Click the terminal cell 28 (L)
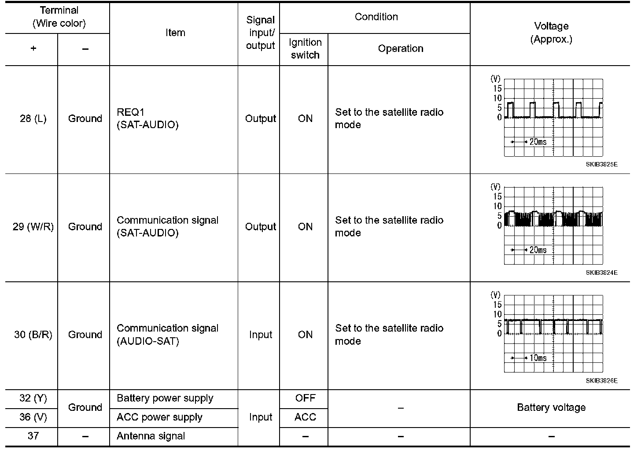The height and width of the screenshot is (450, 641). [x=33, y=118]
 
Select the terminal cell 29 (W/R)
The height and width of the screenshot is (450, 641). [x=33, y=227]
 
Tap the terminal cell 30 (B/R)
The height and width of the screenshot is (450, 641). [x=33, y=335]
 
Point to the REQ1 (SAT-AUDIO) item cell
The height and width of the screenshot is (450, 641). [x=147, y=118]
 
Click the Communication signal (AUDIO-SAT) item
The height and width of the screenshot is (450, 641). [x=167, y=335]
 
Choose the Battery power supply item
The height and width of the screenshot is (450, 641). [x=165, y=398]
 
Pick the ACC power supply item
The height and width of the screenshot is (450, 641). [x=159, y=417]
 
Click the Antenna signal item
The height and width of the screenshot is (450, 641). [x=151, y=436]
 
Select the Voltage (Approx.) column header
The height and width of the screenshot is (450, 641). [x=551, y=33]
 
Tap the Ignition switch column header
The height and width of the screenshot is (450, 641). [x=305, y=49]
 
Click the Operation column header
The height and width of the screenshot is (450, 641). [x=400, y=49]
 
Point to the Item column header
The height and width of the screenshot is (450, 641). [x=175, y=33]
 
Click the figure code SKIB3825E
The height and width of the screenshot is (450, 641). [x=601, y=164]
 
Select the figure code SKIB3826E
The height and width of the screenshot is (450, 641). [x=601, y=381]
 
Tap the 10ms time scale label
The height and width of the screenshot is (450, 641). [x=538, y=358]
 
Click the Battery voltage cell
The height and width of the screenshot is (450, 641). [x=551, y=408]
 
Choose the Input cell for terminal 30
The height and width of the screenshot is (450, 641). [x=260, y=335]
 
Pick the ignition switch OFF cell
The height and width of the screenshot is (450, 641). [x=305, y=398]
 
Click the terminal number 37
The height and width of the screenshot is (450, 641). [x=33, y=436]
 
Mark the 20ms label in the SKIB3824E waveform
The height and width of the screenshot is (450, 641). [x=538, y=250]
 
